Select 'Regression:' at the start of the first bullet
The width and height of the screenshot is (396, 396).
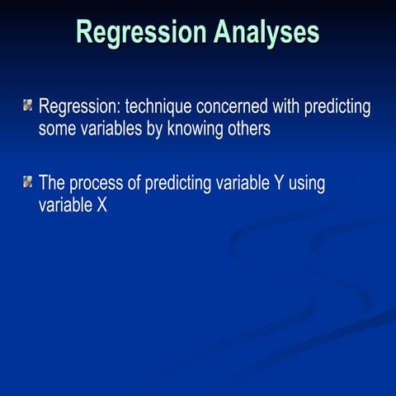(80, 107)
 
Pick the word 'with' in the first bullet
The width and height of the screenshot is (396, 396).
(285, 107)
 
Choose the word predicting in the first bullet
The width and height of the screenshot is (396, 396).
(337, 108)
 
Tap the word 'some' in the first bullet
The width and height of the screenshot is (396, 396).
(57, 130)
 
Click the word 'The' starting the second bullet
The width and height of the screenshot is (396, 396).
(53, 182)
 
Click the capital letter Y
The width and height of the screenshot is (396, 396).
(278, 182)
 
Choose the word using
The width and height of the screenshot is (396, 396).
(307, 183)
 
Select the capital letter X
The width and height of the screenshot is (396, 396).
(101, 205)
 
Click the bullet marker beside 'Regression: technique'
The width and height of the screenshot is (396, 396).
(28, 106)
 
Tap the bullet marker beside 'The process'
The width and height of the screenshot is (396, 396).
(28, 181)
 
